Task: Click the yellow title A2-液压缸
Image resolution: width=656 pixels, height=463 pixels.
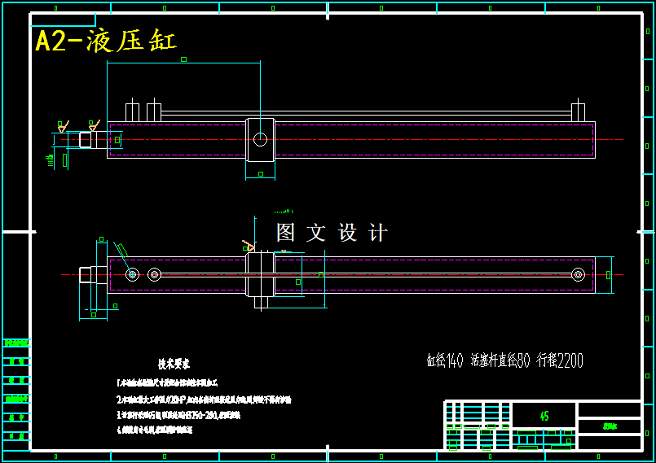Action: pos(106,41)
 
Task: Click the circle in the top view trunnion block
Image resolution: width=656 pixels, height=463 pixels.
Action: pos(260,139)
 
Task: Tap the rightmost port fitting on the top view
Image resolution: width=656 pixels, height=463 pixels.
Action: pos(578,111)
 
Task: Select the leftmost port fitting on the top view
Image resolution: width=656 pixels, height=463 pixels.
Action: pos(132,111)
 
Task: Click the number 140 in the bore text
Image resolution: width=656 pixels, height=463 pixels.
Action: pos(455,360)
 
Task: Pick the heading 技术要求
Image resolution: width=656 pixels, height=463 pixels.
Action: pos(174,365)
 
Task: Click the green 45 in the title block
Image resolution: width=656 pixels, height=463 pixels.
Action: pos(544,416)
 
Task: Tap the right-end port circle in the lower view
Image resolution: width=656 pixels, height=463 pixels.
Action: pos(578,274)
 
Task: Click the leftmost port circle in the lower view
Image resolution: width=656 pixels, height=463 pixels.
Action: pos(132,274)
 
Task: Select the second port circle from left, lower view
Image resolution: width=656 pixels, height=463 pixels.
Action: pos(154,274)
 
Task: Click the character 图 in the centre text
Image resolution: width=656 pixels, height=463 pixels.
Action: pos(286,233)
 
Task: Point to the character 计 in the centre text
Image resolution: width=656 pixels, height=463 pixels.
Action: pos(378,233)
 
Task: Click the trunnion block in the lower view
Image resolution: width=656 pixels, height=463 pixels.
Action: pos(260,274)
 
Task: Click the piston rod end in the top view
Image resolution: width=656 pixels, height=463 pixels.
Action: pos(85,139)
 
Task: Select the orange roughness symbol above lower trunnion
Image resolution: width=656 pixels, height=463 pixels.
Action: pos(249,245)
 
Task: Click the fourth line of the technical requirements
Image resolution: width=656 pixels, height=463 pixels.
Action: pos(155,430)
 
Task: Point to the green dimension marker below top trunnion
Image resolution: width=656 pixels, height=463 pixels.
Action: pos(261,174)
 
